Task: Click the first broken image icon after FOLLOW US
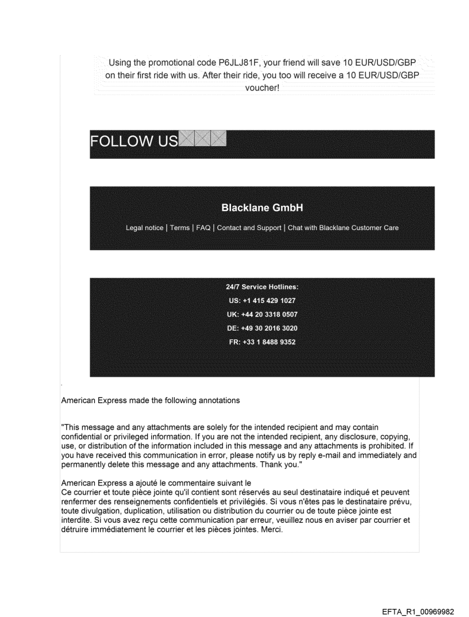coord(186,138)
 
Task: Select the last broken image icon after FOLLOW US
coord(218,138)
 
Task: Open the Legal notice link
coord(144,228)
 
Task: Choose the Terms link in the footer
coord(180,228)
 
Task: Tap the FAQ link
coord(203,228)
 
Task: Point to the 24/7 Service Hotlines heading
coord(262,286)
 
